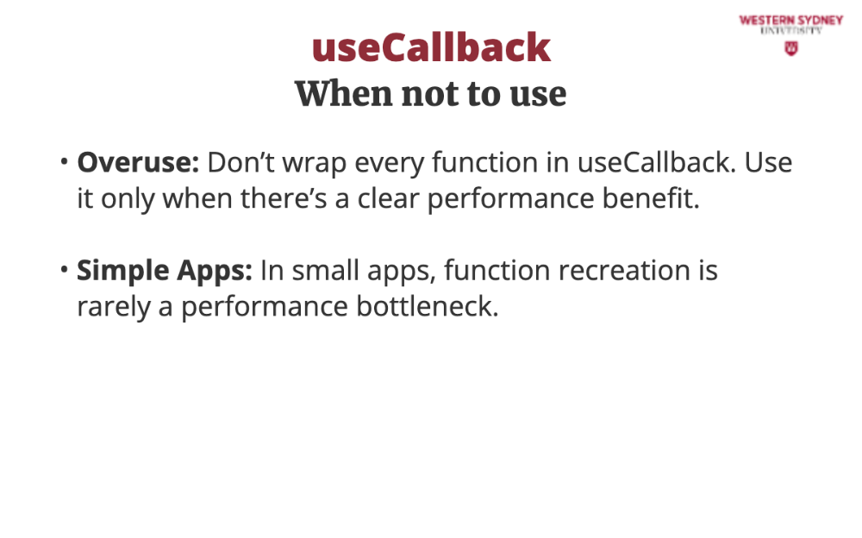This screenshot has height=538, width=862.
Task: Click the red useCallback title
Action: [x=431, y=47]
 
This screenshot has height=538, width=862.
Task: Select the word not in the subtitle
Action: [x=430, y=94]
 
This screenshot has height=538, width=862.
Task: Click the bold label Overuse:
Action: [x=138, y=162]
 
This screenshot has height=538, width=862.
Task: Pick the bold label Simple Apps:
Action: [x=165, y=271]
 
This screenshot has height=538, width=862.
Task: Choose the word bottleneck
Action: [x=428, y=306]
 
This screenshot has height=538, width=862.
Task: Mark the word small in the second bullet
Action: [x=326, y=271]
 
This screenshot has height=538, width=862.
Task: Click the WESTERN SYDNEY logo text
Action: [x=790, y=21]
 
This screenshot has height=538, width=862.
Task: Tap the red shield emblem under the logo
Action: [x=791, y=49]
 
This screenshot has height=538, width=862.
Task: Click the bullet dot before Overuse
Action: [x=65, y=161]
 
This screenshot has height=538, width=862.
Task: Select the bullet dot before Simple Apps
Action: [x=65, y=269]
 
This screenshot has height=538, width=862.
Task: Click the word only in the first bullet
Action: [x=128, y=199]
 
